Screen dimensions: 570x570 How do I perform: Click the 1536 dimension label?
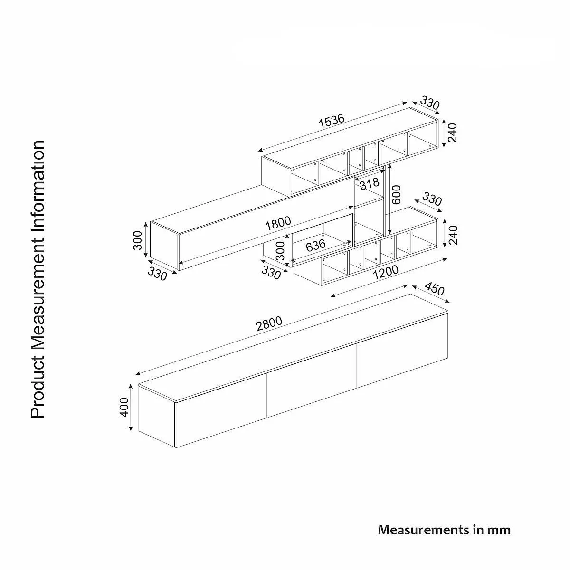click(331, 121)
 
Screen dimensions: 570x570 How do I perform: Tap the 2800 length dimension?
click(269, 323)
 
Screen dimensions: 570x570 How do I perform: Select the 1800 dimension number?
click(278, 223)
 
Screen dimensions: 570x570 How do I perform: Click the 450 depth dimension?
click(434, 288)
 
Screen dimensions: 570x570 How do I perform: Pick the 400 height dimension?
click(125, 407)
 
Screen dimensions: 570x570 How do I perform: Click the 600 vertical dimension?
click(397, 195)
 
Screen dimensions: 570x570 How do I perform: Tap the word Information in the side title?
click(38, 180)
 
